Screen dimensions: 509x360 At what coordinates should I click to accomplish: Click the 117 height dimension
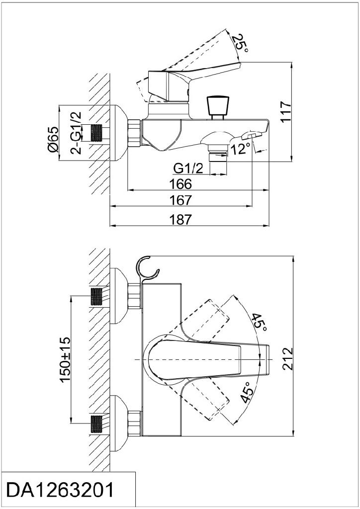(284, 112)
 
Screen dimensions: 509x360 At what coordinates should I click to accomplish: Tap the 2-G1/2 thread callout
(76, 133)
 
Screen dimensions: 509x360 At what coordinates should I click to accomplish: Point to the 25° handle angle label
(241, 44)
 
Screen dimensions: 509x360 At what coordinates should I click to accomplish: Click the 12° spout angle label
(241, 148)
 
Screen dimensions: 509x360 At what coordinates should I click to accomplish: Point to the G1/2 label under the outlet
(189, 168)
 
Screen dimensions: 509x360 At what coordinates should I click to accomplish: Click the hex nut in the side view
(134, 133)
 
